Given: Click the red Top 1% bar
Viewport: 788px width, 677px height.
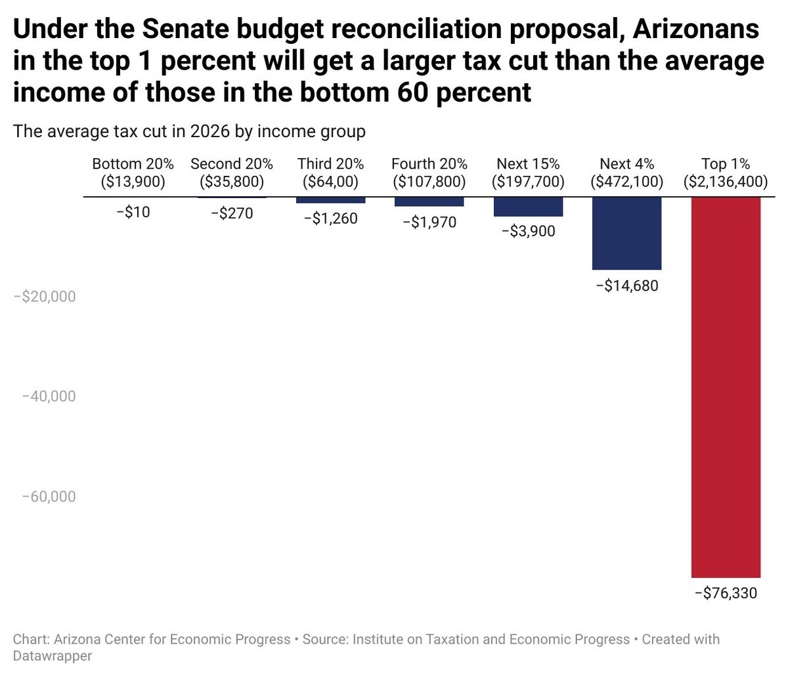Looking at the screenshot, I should point(726,387).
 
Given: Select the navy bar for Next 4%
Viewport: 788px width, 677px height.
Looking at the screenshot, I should point(626,233).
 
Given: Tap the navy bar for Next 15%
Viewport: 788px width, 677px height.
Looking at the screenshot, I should point(528,207).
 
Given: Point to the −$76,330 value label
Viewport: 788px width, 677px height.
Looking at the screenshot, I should point(726,594).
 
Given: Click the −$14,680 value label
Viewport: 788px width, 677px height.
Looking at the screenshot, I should point(626,286).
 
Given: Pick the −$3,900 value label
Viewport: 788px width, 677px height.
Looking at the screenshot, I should point(528,231).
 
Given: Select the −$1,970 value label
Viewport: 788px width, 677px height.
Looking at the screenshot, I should point(429,222).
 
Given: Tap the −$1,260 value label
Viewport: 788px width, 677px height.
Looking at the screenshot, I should point(330,218).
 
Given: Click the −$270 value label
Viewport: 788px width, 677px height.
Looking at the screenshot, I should point(232,214).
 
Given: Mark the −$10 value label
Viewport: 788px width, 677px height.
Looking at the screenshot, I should point(133,213).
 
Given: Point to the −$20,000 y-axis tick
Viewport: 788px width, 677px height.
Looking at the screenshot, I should point(44,297).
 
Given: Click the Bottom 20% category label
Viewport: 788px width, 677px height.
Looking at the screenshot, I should point(133,164).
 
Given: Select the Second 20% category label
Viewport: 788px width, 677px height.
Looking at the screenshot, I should point(232,164).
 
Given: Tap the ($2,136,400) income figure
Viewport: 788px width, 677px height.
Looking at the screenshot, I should point(726,182).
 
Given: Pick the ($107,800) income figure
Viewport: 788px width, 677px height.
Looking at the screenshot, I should point(429,182).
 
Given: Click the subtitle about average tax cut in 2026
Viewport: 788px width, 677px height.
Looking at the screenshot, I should point(189,131).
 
